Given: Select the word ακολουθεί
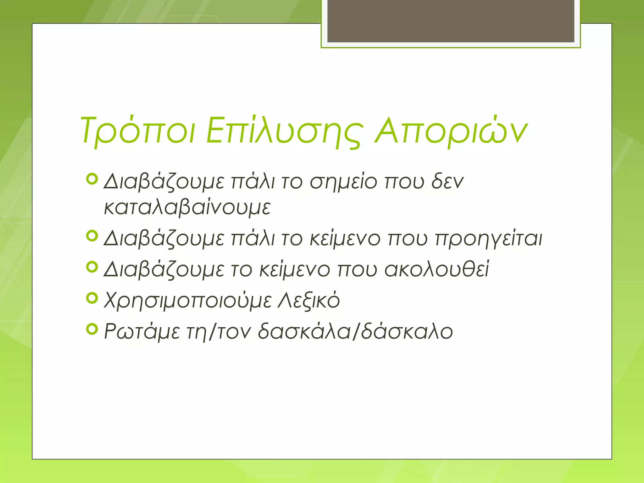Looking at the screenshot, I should pyautogui.click(x=437, y=269).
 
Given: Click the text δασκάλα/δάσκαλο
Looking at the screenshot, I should pyautogui.click(x=355, y=331).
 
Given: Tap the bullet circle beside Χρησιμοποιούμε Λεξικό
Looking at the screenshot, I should pyautogui.click(x=92, y=298).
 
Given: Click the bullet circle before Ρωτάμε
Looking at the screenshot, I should pyautogui.click(x=92, y=329).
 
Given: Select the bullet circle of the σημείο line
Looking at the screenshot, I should pyautogui.click(x=92, y=179).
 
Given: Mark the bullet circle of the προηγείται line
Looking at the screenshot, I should pyautogui.click(x=92, y=236).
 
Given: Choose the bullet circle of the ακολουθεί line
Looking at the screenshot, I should pyautogui.click(x=92, y=267).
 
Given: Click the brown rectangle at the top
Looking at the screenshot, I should pyautogui.click(x=451, y=21).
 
